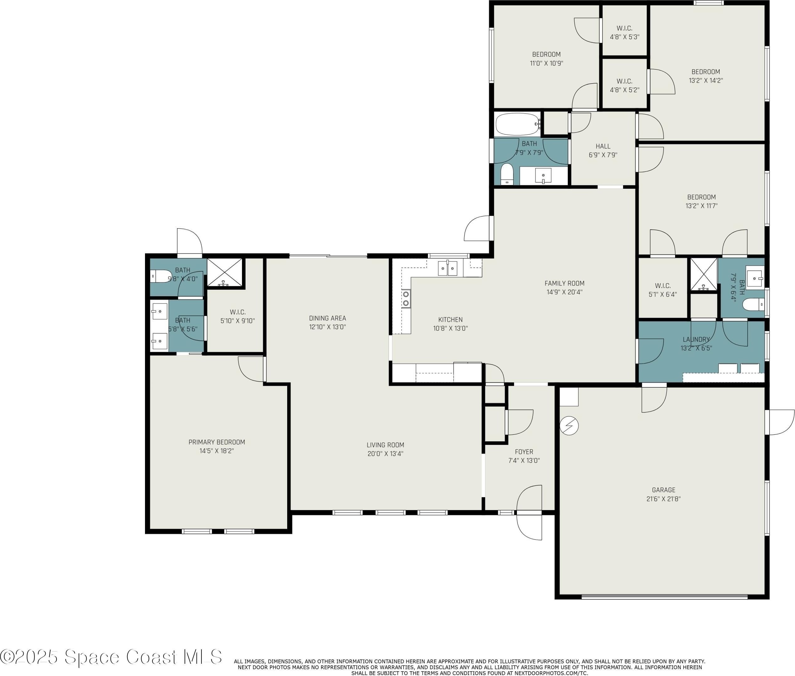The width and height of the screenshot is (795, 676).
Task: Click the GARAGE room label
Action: pos(663,490)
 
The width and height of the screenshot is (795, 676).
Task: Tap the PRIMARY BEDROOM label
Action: pos(217,442)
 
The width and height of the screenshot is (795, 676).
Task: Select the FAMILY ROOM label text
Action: pos(564,283)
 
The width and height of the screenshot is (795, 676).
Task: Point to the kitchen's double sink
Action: pos(447,268)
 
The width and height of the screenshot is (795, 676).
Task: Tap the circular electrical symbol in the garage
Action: pos(569,425)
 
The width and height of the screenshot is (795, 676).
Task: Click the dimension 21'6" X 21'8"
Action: pos(663,499)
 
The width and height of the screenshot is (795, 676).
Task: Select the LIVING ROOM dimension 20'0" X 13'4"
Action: pos(385,454)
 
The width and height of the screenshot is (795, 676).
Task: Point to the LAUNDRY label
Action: pos(696,339)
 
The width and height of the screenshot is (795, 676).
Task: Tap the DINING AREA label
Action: pos(327,318)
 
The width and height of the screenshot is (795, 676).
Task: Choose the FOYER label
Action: pos(524,452)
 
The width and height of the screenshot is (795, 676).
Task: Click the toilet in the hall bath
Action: pos(507,174)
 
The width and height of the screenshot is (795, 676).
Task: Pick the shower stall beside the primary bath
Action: pos(225,272)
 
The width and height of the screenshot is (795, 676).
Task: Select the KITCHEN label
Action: pos(450,319)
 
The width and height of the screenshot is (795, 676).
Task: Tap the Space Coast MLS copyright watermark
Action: pos(111,657)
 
